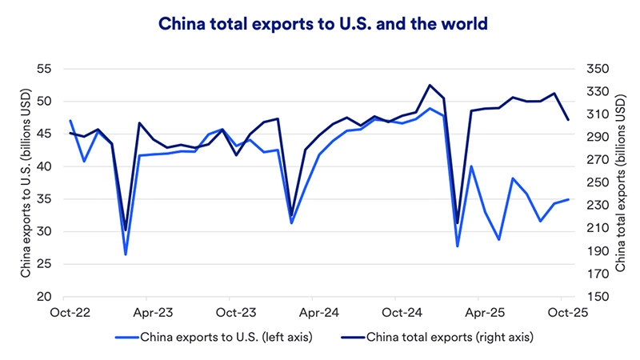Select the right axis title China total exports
pyautogui.click(x=620, y=182)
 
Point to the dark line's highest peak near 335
pyautogui.click(x=430, y=85)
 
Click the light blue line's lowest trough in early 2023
pyautogui.click(x=126, y=254)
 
